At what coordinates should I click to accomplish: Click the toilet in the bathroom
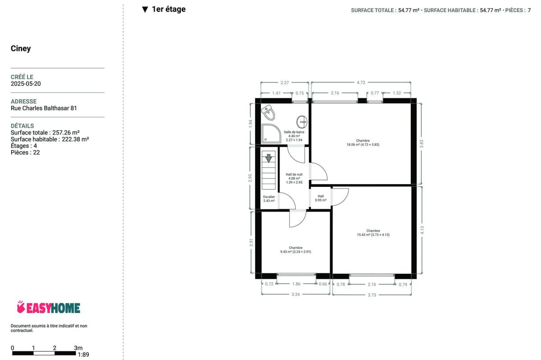[x=268, y=112]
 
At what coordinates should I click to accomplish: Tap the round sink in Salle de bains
[x=302, y=122]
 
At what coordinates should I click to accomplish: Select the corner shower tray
[x=271, y=134]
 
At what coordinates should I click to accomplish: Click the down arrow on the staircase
[x=269, y=158]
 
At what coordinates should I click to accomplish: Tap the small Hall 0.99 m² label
[x=321, y=198]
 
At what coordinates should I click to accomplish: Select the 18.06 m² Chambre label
[x=363, y=143]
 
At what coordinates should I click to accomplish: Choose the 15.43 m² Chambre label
[x=373, y=233]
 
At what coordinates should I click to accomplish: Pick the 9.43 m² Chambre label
[x=296, y=249]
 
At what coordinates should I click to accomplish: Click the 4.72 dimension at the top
[x=361, y=83]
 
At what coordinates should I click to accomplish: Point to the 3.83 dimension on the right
[x=422, y=144]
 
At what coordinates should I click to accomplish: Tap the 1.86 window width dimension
[x=296, y=284]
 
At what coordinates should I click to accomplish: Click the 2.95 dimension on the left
[x=250, y=178]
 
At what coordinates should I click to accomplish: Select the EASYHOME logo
[x=48, y=307]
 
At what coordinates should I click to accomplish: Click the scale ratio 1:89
[x=83, y=355]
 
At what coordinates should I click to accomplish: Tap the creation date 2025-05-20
[x=26, y=83]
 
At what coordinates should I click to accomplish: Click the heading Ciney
[x=21, y=48]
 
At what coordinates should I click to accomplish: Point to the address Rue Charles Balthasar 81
[x=44, y=108]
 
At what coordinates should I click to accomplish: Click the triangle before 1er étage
[x=145, y=9]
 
